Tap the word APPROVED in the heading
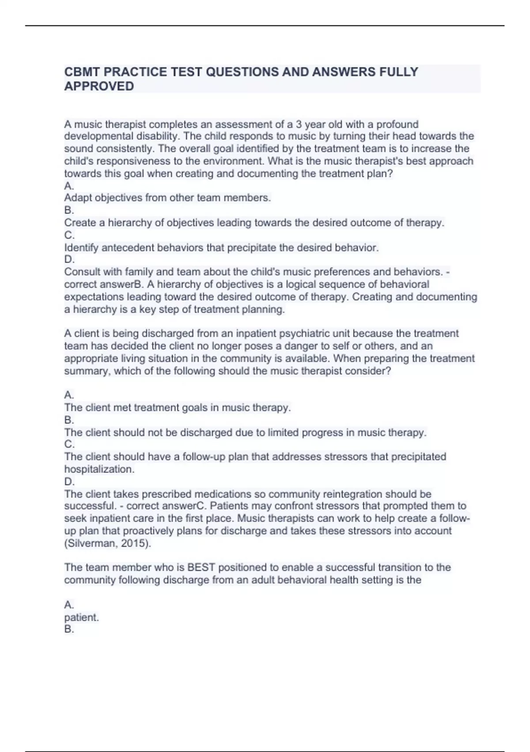[x=99, y=86]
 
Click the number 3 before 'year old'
[x=299, y=124]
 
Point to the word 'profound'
[x=397, y=124]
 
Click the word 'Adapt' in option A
[x=77, y=198]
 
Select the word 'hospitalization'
[x=99, y=469]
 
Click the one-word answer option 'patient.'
[x=81, y=618]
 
